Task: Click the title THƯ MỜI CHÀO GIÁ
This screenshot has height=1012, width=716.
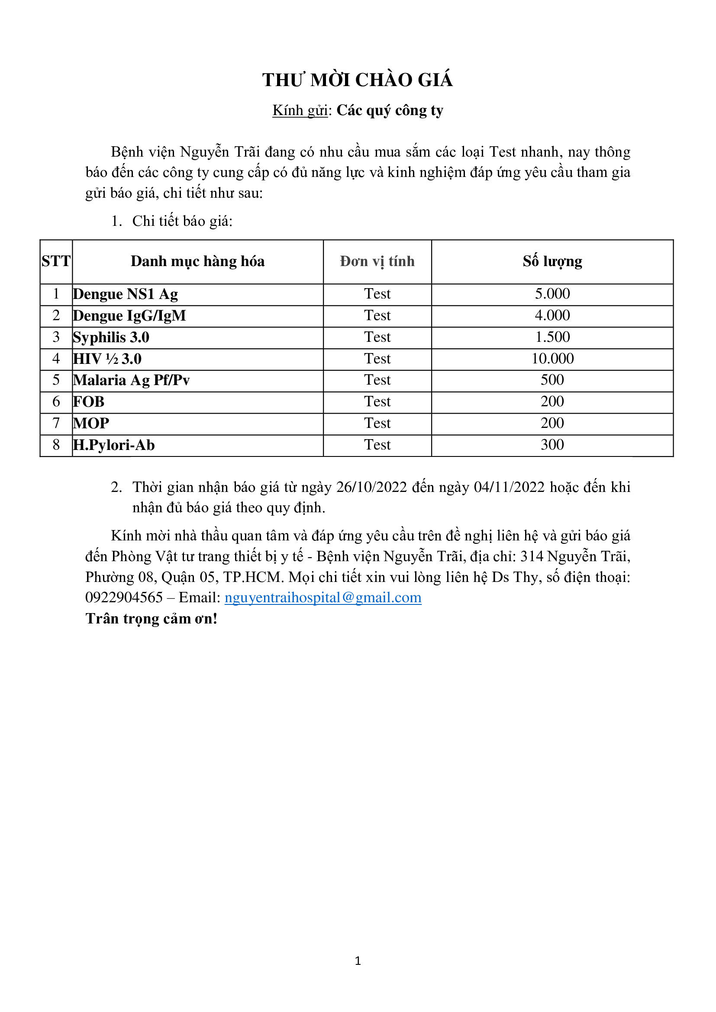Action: (x=357, y=80)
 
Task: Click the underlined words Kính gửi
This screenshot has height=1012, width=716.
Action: (x=300, y=110)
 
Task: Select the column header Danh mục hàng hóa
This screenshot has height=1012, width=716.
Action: (x=197, y=261)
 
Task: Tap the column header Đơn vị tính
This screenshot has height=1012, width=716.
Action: (x=377, y=261)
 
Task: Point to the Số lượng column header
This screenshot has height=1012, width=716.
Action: (x=552, y=261)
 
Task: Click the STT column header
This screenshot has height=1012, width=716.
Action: (x=56, y=261)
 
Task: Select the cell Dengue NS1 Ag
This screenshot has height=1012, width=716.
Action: (x=126, y=294)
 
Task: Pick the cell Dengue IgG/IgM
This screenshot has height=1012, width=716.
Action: (x=129, y=315)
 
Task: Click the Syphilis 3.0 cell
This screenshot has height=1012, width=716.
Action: (x=111, y=337)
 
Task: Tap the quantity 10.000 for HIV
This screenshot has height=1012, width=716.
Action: (x=552, y=359)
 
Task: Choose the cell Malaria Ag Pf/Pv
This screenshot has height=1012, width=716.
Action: (x=132, y=380)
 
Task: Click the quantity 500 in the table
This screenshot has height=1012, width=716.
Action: (x=552, y=380)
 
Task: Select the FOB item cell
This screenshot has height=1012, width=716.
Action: (x=89, y=402)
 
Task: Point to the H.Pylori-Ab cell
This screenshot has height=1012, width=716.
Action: (x=114, y=445)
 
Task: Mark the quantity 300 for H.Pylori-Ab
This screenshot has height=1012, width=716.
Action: (x=552, y=445)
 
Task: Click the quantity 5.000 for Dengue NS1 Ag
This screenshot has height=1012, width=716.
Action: (x=552, y=294)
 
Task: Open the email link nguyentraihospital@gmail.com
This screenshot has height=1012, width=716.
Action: (x=323, y=598)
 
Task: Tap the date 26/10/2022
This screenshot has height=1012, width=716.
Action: (x=371, y=487)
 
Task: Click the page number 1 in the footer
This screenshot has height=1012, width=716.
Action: (x=358, y=961)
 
